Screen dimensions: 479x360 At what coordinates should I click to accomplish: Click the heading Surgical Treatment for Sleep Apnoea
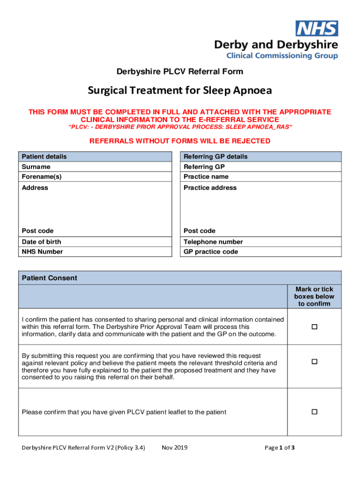point(180,90)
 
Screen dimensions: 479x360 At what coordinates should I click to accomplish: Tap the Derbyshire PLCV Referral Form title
point(180,72)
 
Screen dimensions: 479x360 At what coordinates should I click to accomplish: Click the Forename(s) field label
point(42,177)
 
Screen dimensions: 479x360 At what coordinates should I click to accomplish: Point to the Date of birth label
point(42,242)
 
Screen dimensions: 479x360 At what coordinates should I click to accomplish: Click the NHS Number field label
point(42,252)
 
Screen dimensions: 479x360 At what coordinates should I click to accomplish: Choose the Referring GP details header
point(216,156)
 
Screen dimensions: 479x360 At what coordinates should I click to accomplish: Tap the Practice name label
point(206,177)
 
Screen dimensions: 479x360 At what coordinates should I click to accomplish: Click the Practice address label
point(210,188)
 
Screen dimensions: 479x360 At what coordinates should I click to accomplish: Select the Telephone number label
point(213,242)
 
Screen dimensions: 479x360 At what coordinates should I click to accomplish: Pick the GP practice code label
point(211,252)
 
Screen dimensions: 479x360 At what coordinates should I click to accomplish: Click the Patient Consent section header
point(50,278)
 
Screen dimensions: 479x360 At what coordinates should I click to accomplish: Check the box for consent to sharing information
point(315,327)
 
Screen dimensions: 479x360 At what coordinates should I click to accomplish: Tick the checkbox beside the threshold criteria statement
point(315,362)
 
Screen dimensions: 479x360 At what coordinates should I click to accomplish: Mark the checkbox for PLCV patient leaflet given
point(315,412)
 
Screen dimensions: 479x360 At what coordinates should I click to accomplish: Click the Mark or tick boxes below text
point(314,297)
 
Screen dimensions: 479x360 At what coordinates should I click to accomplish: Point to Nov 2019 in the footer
point(174,448)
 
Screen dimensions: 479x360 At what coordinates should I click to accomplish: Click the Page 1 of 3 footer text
point(280,448)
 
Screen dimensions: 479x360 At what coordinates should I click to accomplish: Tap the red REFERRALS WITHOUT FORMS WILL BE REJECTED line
point(180,141)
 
